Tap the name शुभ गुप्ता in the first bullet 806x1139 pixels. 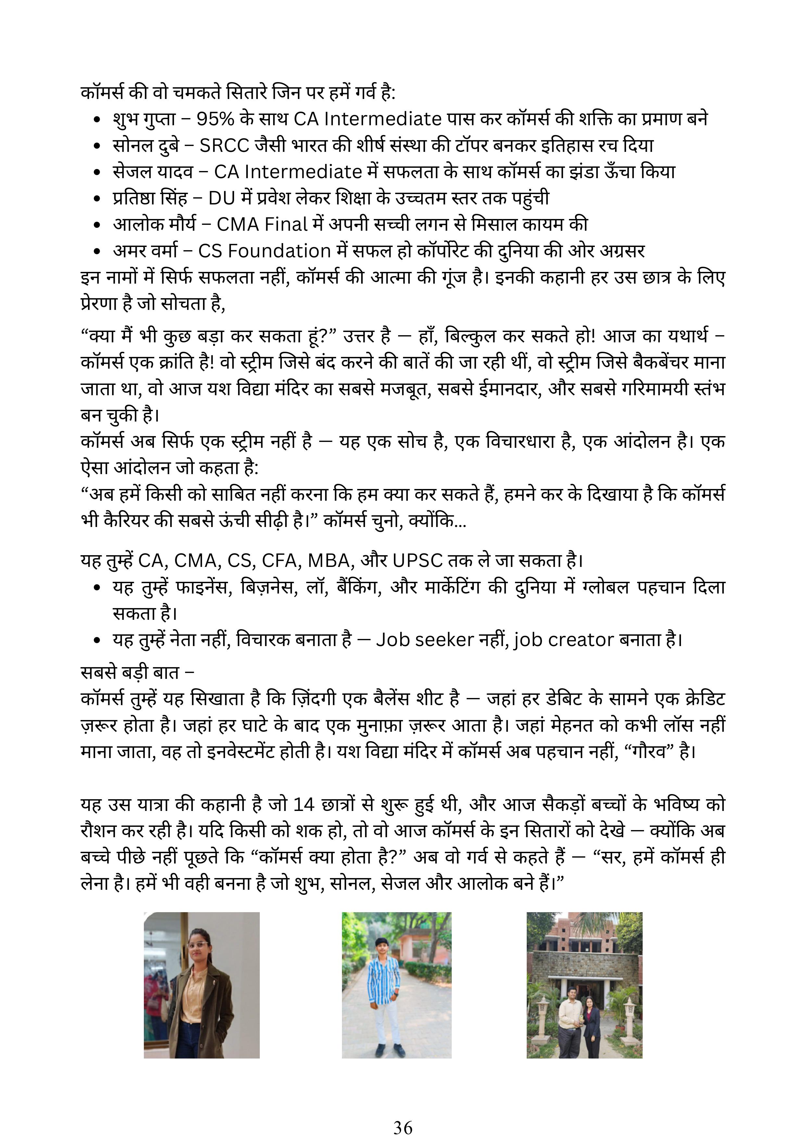(x=145, y=119)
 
